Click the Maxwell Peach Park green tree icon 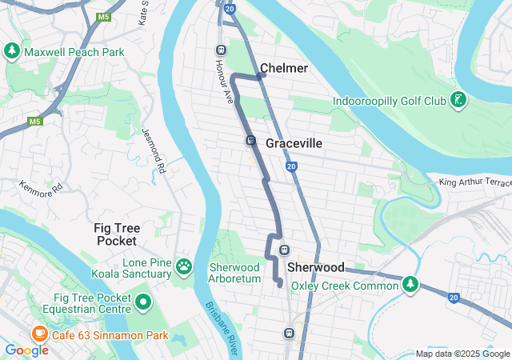click(12, 52)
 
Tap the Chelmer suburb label click(284, 69)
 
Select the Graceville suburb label click(294, 143)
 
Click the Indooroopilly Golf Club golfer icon click(458, 101)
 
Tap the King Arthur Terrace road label click(475, 183)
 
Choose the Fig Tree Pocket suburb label click(117, 234)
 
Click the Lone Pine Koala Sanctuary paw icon click(184, 266)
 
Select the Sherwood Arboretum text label click(234, 273)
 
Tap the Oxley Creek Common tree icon click(410, 284)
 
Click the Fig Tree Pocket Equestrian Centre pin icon click(143, 302)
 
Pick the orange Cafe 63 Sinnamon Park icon click(38, 334)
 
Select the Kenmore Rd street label click(41, 190)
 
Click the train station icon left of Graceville click(250, 141)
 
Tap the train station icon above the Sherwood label click(283, 250)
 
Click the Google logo click(26, 350)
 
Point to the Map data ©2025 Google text click(462, 354)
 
